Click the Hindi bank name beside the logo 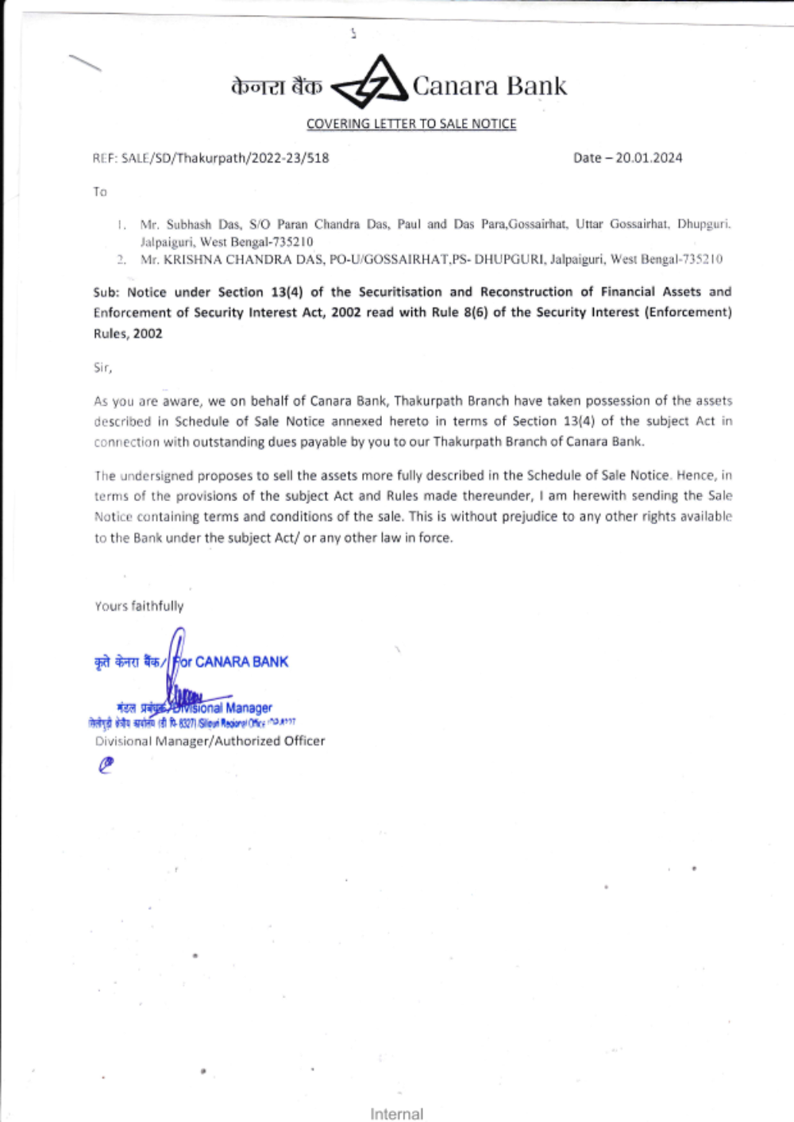pyautogui.click(x=277, y=86)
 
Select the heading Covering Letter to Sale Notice pyautogui.click(x=411, y=124)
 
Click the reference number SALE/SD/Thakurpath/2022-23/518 pyautogui.click(x=225, y=158)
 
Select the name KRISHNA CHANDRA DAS pyautogui.click(x=243, y=260)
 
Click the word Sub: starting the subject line pyautogui.click(x=106, y=292)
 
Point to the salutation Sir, pyautogui.click(x=102, y=368)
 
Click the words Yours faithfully pyautogui.click(x=139, y=606)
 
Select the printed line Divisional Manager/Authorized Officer pyautogui.click(x=210, y=741)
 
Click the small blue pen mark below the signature pyautogui.click(x=106, y=765)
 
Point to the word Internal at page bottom pyautogui.click(x=396, y=1114)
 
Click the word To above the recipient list pyautogui.click(x=100, y=192)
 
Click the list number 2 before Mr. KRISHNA pyautogui.click(x=121, y=260)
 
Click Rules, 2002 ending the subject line pyautogui.click(x=128, y=334)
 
